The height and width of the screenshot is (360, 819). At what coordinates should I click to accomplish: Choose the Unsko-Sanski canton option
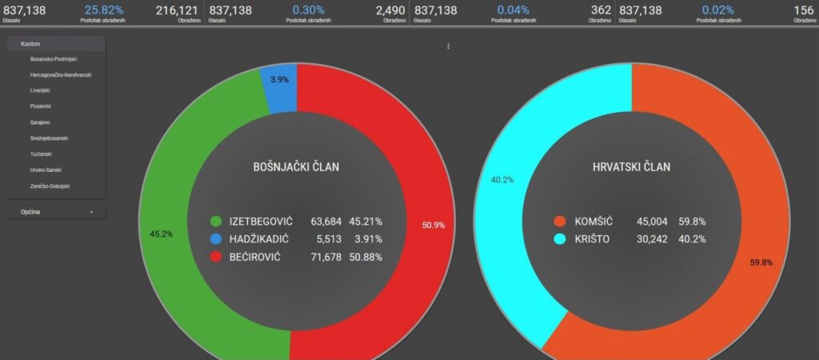46,170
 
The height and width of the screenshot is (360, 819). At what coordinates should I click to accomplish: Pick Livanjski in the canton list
41,90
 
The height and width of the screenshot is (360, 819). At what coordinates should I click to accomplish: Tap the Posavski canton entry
41,106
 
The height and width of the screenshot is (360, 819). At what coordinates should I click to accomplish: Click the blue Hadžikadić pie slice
279,84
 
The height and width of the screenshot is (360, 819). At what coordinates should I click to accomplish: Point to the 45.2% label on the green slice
161,234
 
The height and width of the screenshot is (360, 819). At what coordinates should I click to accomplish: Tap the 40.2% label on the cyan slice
501,180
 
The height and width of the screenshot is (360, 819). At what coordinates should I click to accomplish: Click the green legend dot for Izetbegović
215,222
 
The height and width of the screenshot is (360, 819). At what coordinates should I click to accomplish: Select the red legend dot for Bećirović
215,257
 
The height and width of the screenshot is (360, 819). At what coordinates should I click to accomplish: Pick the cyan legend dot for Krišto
560,239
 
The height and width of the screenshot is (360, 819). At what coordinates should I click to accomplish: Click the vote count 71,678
326,257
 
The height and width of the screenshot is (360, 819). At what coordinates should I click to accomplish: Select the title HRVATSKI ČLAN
632,167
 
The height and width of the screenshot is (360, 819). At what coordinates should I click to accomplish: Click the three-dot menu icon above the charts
448,46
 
